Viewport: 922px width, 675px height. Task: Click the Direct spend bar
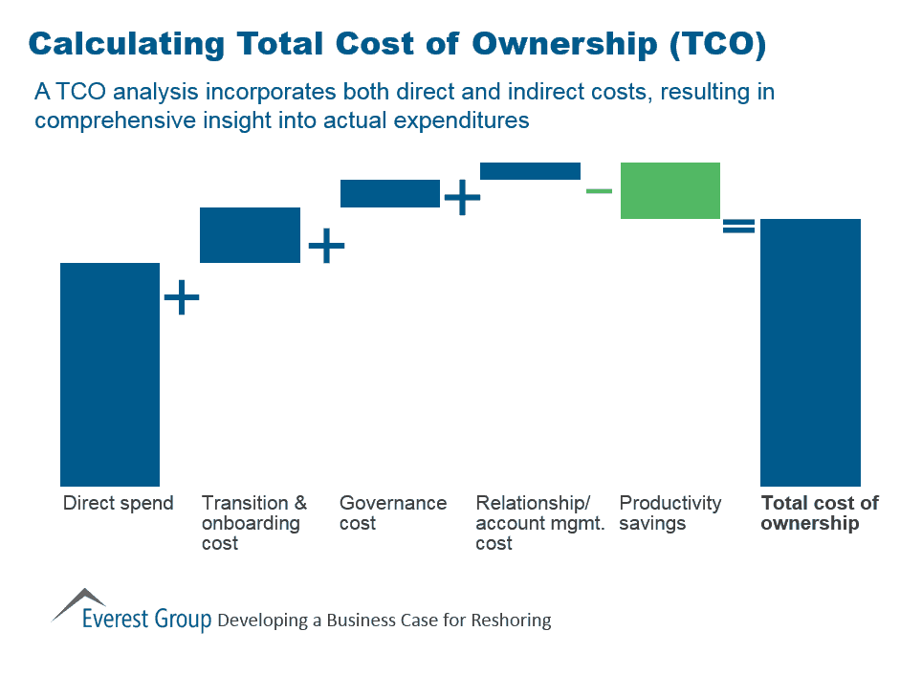[110, 374]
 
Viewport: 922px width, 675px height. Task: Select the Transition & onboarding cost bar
[250, 235]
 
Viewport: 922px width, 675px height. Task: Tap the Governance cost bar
[390, 193]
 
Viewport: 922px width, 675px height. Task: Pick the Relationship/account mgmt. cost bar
[530, 171]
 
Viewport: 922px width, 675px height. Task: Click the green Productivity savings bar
[670, 190]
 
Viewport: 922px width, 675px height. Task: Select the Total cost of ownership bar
[810, 352]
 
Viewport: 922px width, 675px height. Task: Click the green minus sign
[599, 191]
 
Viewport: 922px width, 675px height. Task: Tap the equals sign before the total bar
[738, 227]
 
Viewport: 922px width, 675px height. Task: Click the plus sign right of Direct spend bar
[182, 298]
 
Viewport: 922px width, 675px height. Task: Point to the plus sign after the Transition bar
[326, 246]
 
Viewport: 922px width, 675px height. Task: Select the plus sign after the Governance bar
[462, 198]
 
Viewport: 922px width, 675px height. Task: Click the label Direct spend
[118, 504]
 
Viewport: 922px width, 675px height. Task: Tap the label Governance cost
[393, 513]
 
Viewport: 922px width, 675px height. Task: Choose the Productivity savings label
[670, 513]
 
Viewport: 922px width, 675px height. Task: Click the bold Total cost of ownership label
[819, 513]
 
